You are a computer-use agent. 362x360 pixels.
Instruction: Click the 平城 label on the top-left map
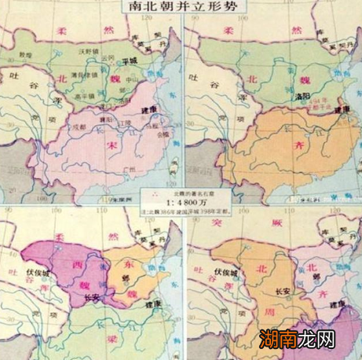(x=131, y=61)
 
